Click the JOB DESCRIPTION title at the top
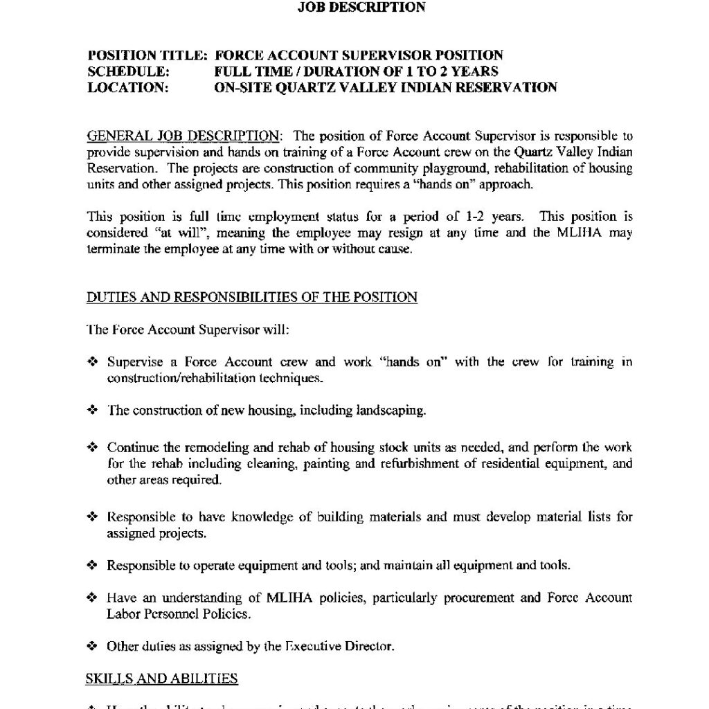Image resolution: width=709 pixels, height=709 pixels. [361, 8]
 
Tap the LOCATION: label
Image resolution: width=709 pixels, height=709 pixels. [128, 88]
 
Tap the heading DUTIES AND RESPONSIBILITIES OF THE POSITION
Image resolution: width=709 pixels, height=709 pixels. [252, 298]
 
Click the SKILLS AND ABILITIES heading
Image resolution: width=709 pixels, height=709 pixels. [162, 679]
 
